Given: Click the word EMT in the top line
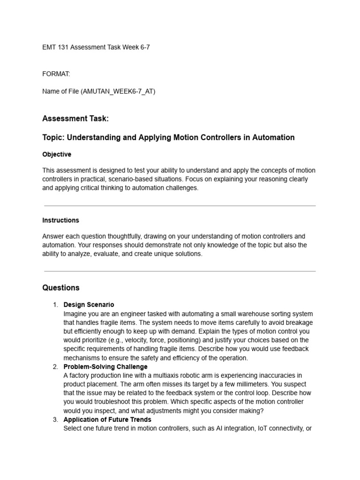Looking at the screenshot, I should (x=49, y=47).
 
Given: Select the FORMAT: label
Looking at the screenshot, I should (x=56, y=74).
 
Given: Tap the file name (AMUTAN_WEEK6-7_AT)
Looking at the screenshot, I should (x=118, y=91).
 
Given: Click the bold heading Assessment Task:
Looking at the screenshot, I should (x=75, y=119).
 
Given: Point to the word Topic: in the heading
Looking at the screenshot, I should (x=53, y=137).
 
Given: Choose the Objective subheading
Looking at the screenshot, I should (x=57, y=154).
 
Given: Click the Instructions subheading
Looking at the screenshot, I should (x=60, y=220).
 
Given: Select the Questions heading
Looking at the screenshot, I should (x=61, y=287).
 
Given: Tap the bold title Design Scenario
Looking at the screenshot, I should (x=89, y=305).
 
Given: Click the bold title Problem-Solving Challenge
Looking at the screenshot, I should (x=105, y=367).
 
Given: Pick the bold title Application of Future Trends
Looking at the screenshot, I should (x=107, y=420).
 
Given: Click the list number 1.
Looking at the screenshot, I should (x=55, y=305).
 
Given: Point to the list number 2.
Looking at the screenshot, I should (x=55, y=367).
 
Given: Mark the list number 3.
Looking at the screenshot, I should (x=55, y=420).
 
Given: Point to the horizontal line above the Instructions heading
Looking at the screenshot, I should (x=180, y=206).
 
